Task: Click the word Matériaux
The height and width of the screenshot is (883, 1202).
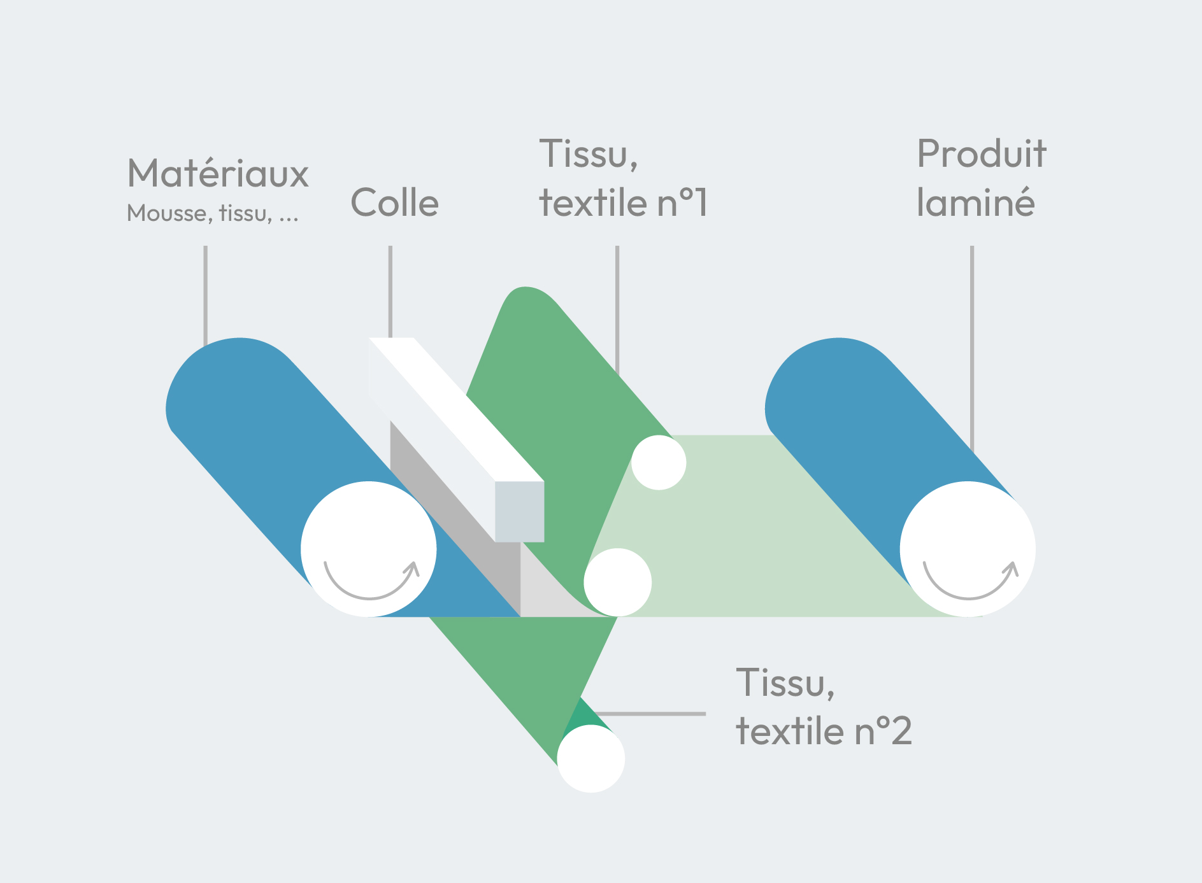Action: pos(218,173)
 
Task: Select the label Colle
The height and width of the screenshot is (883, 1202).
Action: pos(394,203)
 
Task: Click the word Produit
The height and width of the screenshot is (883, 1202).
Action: pos(981,154)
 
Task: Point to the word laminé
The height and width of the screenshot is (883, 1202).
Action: pos(975,203)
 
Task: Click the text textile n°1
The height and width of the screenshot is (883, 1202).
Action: pos(623,203)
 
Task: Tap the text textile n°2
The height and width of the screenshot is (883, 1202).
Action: pos(824,731)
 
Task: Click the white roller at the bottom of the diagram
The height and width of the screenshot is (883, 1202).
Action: pos(591,759)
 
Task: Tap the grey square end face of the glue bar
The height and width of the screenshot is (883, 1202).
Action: pos(519,511)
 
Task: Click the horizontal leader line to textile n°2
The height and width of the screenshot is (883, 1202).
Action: pos(650,714)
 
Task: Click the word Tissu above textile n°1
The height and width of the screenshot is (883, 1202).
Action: pos(588,154)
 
